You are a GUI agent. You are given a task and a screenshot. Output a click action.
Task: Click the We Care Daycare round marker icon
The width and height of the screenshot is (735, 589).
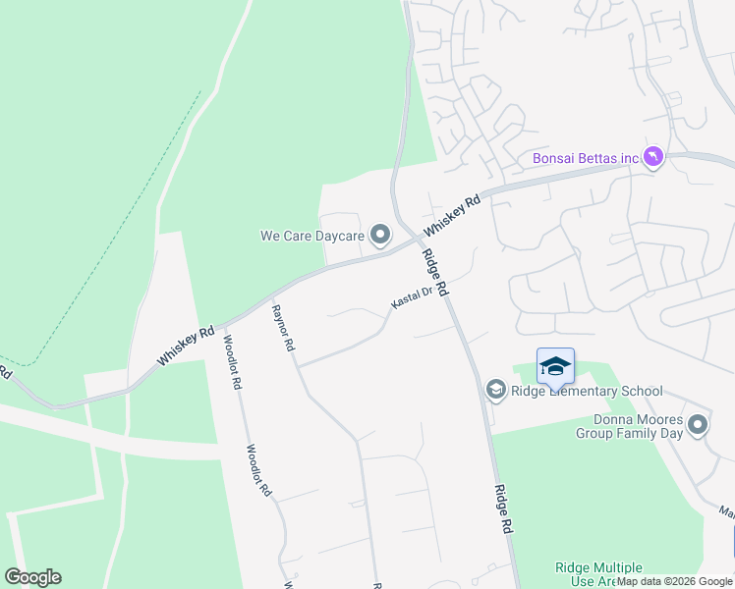(380, 235)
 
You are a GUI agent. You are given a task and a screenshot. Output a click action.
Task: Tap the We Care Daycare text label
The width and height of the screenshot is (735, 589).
(311, 236)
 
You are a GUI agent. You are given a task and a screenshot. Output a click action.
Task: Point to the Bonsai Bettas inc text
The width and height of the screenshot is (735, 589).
(586, 158)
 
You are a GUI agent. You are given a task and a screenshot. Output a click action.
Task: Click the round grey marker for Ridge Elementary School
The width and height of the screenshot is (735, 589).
(496, 391)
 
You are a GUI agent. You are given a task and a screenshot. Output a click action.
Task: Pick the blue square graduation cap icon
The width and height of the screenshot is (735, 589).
(555, 367)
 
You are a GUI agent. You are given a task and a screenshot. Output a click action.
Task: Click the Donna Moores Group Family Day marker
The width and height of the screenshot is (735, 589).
(698, 424)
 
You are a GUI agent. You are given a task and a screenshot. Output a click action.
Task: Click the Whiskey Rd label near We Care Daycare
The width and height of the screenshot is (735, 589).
(452, 215)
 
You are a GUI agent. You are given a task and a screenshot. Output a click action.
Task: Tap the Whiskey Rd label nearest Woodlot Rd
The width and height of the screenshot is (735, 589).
(186, 347)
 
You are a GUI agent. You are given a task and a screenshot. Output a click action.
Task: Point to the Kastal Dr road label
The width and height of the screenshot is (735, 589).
(412, 297)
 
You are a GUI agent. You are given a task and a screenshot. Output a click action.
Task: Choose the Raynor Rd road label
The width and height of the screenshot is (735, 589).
(283, 329)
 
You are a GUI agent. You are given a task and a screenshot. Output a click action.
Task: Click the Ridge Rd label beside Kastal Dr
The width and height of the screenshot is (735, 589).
(435, 274)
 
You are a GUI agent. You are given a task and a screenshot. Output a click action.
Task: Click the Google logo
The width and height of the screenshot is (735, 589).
(32, 577)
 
